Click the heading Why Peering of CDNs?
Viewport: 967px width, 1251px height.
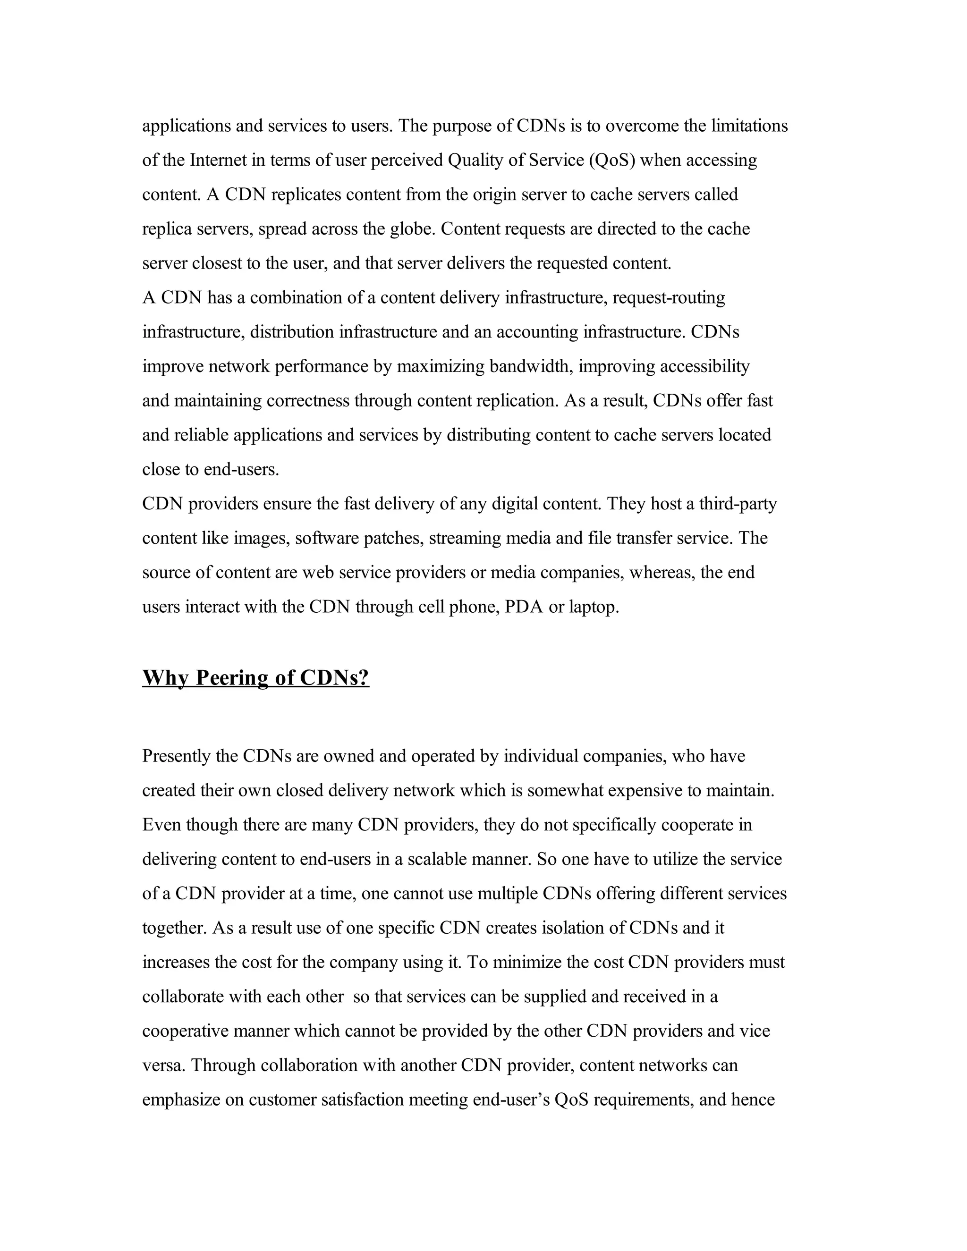click(x=255, y=677)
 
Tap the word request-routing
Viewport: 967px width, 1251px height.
click(x=669, y=298)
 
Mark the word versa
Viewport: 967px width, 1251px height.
click(x=164, y=1065)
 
